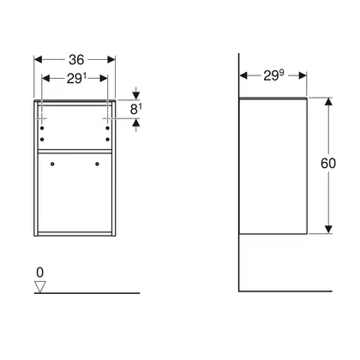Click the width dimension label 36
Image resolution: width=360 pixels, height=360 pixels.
pyautogui.click(x=76, y=60)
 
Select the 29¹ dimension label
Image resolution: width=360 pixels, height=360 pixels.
pyautogui.click(x=76, y=78)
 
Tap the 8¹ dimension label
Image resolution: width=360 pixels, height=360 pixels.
pyautogui.click(x=136, y=109)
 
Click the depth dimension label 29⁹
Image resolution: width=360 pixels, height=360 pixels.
pyautogui.click(x=273, y=75)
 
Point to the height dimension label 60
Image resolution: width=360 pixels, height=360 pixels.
pyautogui.click(x=328, y=163)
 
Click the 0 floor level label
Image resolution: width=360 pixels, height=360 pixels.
pyautogui.click(x=40, y=273)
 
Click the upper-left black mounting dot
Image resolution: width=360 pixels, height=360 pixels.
pyautogui.click(x=42, y=128)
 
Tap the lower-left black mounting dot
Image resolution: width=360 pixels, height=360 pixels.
pyautogui.click(x=42, y=140)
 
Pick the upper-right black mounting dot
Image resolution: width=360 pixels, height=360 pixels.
pyautogui.click(x=107, y=128)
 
